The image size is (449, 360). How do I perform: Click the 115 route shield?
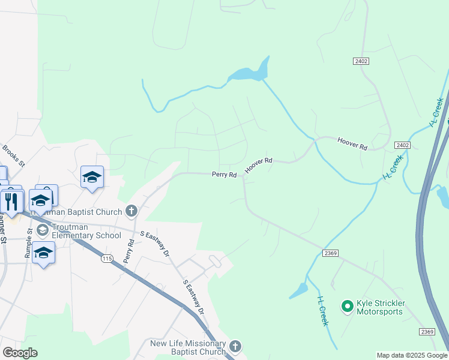click(x=107, y=258)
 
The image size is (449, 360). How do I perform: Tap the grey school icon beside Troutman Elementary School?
click(x=43, y=230)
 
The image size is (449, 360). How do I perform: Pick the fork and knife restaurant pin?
click(x=10, y=200)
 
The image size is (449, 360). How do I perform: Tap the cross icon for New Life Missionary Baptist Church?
click(x=235, y=346)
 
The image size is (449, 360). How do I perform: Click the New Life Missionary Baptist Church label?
click(x=188, y=347)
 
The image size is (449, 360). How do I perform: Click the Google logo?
click(x=20, y=353)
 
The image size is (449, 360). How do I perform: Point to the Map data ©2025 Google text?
click(x=412, y=355)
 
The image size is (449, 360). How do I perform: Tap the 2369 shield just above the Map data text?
click(x=427, y=332)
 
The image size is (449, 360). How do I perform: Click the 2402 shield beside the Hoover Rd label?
click(x=402, y=145)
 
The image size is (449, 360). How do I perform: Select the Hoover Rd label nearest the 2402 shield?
click(x=352, y=143)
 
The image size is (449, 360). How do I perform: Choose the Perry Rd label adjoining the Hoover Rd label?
click(x=224, y=175)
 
